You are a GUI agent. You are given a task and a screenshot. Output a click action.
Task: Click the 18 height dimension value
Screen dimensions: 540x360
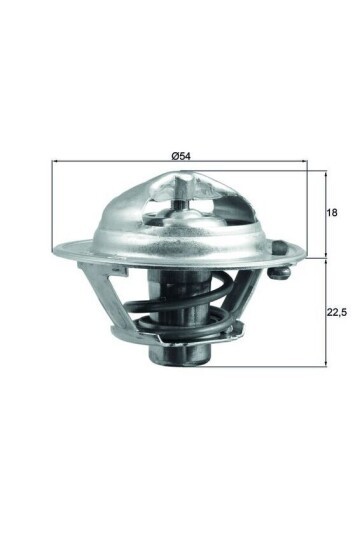point(333,213)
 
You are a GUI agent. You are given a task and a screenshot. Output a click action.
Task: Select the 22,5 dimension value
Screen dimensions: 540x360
point(337,311)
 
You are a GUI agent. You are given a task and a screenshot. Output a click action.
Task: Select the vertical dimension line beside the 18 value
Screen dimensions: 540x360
point(325,213)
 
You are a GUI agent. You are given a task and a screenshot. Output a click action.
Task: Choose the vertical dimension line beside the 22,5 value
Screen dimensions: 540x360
point(325,311)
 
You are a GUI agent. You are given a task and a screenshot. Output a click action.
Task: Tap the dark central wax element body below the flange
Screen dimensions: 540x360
point(166,300)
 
